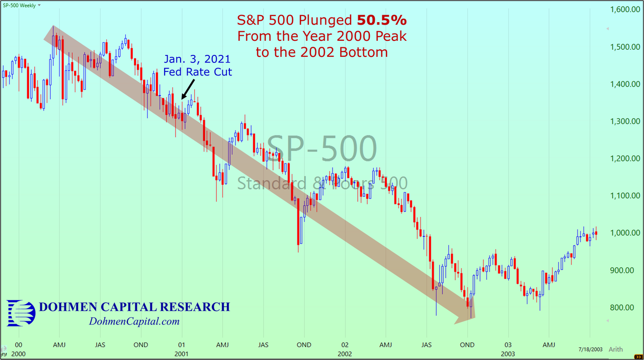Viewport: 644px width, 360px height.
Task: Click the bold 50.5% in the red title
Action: click(x=382, y=21)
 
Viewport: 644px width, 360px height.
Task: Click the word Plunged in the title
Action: click(x=328, y=21)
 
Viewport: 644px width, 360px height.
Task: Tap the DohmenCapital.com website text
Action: click(x=134, y=322)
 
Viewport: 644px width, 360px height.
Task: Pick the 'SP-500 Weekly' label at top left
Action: click(x=20, y=5)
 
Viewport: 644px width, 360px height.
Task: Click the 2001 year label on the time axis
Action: click(x=182, y=354)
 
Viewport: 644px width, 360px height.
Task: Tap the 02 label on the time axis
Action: click(x=345, y=345)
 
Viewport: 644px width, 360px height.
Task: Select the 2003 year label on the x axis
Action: click(x=508, y=354)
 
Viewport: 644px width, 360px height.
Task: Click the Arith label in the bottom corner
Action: click(x=616, y=349)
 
